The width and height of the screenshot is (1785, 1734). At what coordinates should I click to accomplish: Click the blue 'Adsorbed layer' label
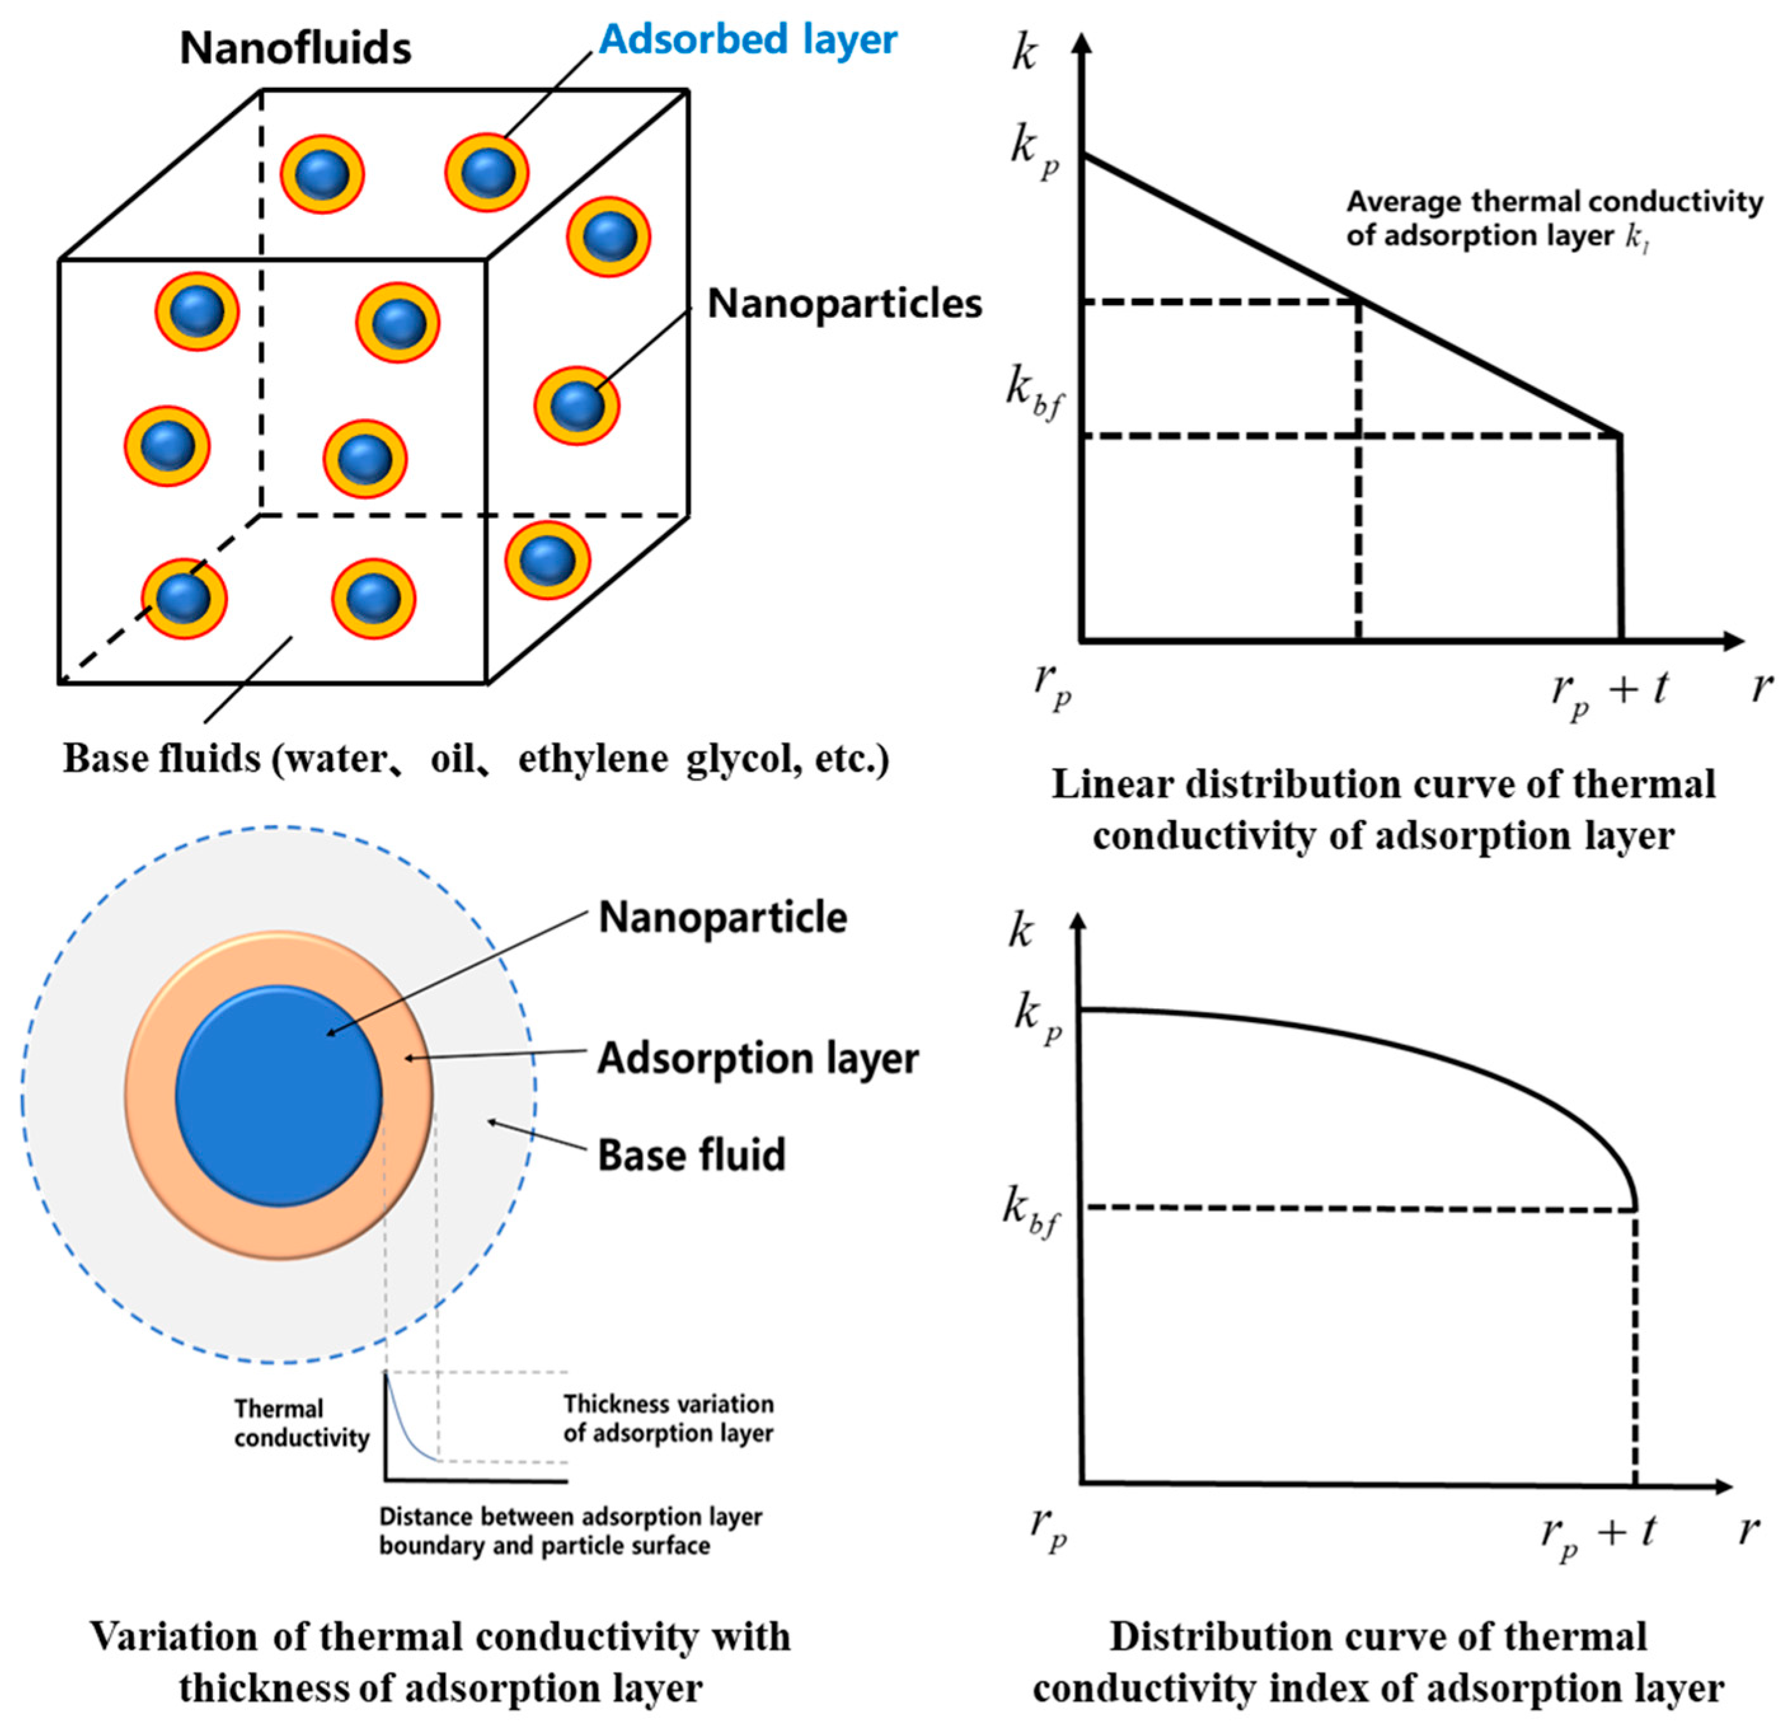click(x=748, y=40)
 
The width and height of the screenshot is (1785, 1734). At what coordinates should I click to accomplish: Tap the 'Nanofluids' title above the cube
click(x=295, y=48)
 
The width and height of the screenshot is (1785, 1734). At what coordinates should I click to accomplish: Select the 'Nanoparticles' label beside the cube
click(x=844, y=303)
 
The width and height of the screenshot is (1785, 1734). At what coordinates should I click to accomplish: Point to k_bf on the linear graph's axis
click(x=1034, y=393)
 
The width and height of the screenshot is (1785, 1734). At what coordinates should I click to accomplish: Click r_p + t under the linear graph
click(x=1608, y=693)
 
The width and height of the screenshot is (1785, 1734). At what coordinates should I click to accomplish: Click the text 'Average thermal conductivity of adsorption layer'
click(x=1554, y=218)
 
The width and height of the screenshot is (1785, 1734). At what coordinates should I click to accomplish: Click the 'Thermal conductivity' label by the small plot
click(x=300, y=1423)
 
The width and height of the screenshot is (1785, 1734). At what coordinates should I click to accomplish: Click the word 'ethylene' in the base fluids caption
click(x=593, y=759)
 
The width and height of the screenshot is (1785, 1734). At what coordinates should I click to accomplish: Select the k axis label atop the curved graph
click(x=1021, y=932)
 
